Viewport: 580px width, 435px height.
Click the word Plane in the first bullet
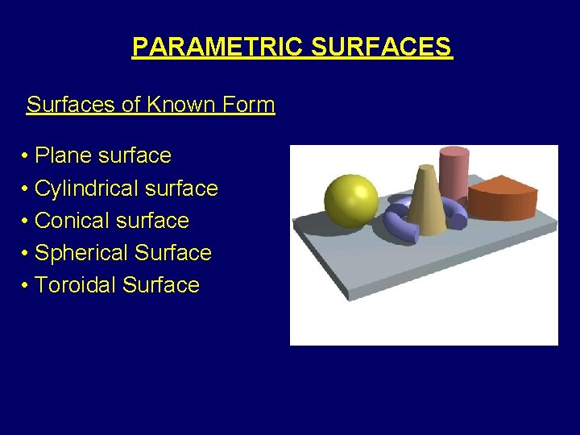63,155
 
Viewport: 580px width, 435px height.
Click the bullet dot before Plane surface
27,156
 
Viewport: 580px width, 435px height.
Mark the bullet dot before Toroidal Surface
27,286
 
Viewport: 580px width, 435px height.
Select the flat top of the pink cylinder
454,151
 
